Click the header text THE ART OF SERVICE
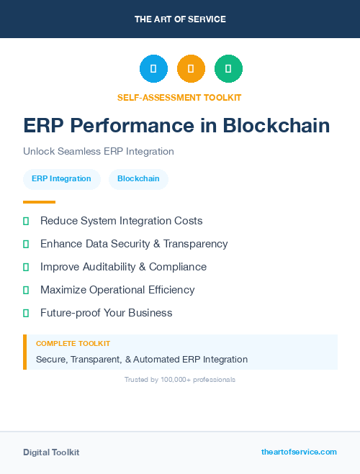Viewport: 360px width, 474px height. point(180,19)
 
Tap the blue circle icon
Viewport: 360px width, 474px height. point(153,69)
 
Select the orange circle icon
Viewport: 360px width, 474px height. point(191,69)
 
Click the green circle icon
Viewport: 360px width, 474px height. point(228,69)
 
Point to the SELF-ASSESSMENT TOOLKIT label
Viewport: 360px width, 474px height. point(179,97)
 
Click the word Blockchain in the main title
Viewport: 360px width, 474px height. point(276,125)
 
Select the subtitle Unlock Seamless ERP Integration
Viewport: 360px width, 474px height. point(99,151)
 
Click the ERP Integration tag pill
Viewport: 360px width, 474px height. point(61,179)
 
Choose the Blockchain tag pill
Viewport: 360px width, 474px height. point(138,179)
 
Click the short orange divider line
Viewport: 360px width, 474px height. point(39,202)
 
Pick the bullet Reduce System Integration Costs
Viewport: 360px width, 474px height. point(121,221)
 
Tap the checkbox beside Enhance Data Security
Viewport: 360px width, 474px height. point(26,245)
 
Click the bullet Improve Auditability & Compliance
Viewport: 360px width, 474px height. point(123,267)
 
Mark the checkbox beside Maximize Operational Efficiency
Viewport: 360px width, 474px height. point(26,291)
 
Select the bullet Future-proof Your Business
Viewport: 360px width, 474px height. point(106,313)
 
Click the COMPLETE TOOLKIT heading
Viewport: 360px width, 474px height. point(73,344)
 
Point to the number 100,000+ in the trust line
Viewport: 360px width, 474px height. point(178,379)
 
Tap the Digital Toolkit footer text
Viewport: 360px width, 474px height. point(51,452)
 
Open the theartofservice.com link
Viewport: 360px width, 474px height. point(299,452)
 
